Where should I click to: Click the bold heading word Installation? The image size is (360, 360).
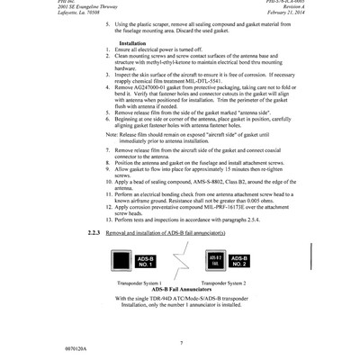tap(133, 43)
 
